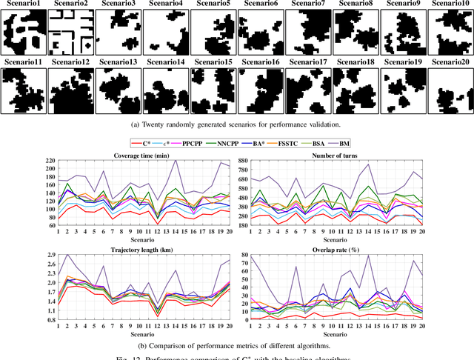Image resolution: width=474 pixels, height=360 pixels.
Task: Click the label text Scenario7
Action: [308, 4]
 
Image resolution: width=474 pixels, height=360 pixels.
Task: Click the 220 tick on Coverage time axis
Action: [49, 161]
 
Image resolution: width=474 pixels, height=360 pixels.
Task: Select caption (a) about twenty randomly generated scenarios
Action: [237, 126]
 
